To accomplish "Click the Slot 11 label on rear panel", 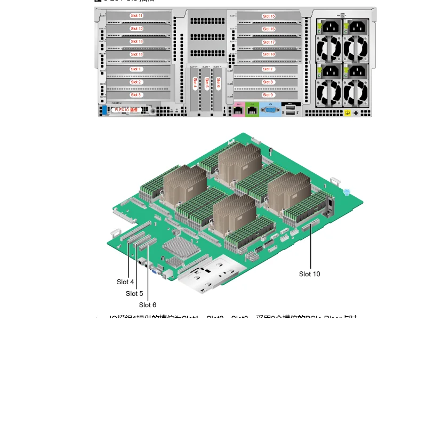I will (x=136, y=15).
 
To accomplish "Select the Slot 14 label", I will (x=136, y=54).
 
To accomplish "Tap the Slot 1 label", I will (x=136, y=69).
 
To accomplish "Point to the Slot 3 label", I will (x=136, y=95).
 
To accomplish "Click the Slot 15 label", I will (x=269, y=17).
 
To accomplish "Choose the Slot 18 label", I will (x=269, y=54).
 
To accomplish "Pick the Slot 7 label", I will (x=268, y=69).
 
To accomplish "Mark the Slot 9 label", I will (x=268, y=95).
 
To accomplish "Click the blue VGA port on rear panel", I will (x=270, y=110).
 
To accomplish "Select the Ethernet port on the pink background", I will (x=238, y=110).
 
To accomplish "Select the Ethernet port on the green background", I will (x=253, y=110).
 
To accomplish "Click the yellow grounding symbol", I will (x=347, y=113).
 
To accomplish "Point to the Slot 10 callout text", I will (x=309, y=274).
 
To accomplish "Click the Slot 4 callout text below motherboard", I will (x=125, y=282).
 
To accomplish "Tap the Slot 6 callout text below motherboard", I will (x=148, y=305).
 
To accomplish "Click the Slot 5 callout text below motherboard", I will (x=134, y=293).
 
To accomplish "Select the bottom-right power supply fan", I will (x=356, y=94).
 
